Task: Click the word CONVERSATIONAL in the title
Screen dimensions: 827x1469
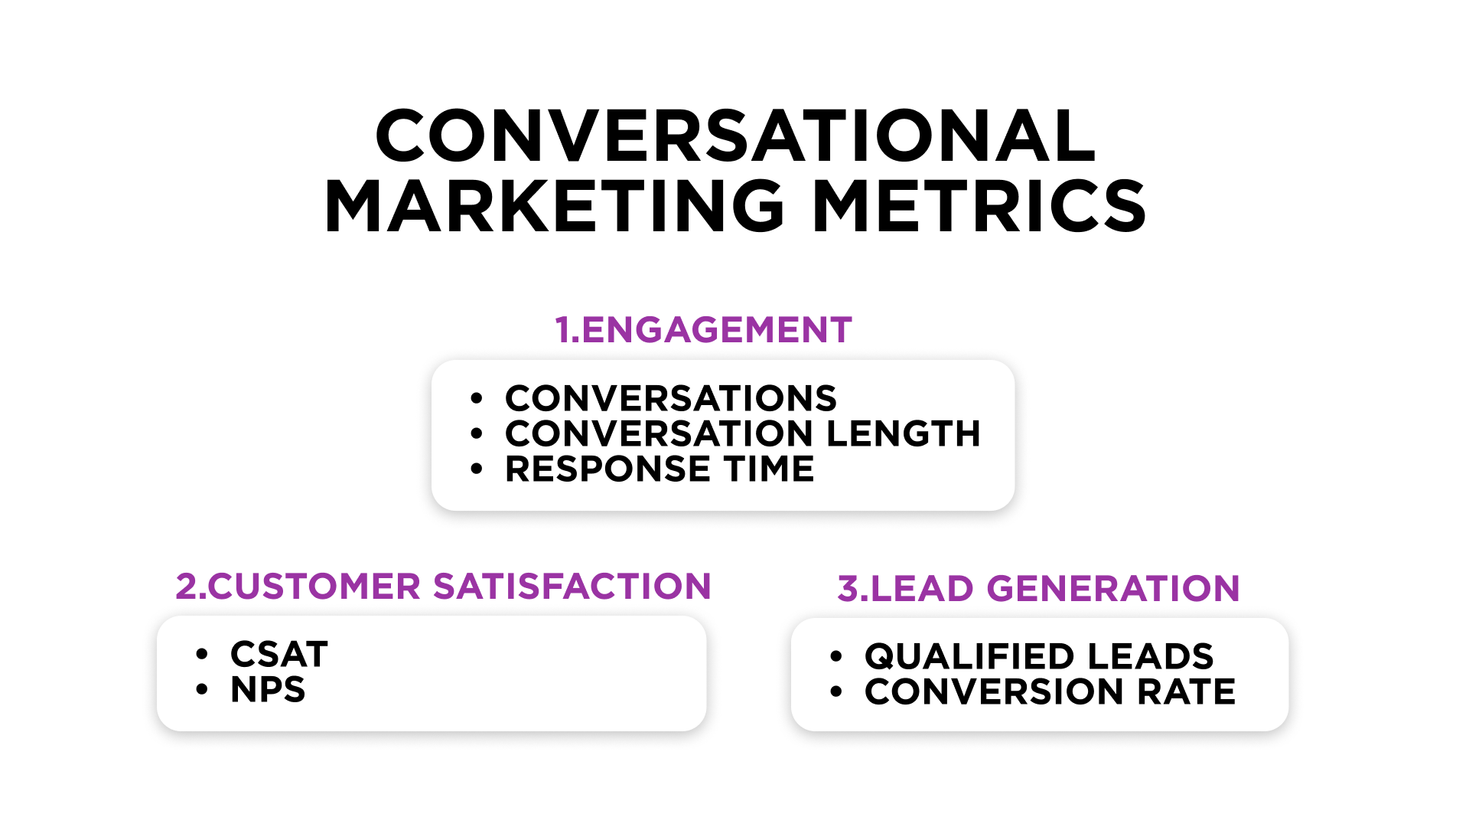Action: tap(735, 136)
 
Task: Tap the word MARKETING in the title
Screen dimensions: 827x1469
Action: tap(555, 207)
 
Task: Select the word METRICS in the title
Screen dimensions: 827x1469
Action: tap(979, 207)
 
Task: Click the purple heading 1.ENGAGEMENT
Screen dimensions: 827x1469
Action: tap(703, 330)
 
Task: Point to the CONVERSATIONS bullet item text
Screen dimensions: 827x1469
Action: tap(670, 398)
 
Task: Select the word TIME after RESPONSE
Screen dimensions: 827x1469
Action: tap(769, 469)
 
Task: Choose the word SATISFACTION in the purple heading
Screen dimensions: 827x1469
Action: tap(572, 587)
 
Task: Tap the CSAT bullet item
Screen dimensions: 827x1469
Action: tap(279, 655)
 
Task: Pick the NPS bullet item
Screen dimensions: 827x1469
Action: tap(268, 690)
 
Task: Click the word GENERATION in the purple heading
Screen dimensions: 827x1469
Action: tap(1113, 589)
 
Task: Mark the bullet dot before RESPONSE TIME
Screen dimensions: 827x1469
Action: tap(477, 469)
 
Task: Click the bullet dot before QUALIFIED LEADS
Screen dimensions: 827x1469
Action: tap(835, 656)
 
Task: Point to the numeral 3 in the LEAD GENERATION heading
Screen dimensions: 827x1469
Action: tap(848, 589)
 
